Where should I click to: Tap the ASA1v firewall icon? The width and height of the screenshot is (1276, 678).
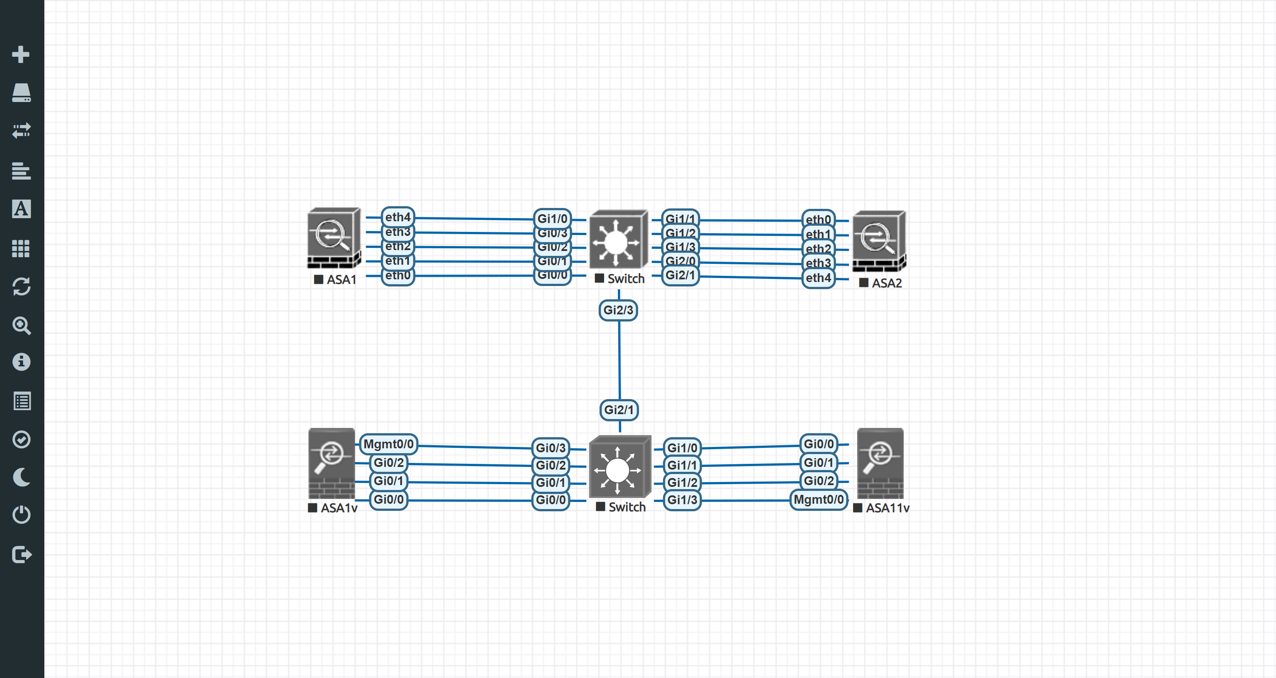tap(332, 463)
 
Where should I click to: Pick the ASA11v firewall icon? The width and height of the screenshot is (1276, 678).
tap(880, 463)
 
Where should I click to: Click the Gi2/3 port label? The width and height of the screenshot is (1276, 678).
tap(618, 310)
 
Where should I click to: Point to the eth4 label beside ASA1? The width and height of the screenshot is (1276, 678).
tap(397, 217)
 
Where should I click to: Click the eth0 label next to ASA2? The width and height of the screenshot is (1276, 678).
tap(818, 219)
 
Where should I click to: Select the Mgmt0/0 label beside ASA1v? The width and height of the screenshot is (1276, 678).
tap(388, 444)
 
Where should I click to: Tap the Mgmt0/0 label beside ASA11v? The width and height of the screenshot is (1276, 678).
tap(818, 500)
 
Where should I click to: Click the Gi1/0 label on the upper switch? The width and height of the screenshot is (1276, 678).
tap(552, 219)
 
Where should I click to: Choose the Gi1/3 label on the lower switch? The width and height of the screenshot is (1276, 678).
tap(682, 500)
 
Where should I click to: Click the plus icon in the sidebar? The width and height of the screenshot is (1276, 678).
tap(21, 54)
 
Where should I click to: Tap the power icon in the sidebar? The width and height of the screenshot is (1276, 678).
tap(21, 514)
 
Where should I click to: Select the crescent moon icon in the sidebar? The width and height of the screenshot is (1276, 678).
tap(21, 477)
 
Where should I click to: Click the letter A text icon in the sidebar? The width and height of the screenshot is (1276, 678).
tap(21, 209)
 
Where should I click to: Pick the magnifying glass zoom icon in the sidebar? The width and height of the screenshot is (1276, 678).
tap(21, 325)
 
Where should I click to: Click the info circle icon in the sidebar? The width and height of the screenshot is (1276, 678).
tap(21, 362)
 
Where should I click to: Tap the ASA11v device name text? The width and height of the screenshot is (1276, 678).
tap(887, 508)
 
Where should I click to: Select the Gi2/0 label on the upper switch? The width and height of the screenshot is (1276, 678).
tap(680, 261)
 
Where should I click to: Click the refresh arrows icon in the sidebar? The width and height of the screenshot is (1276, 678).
tap(21, 286)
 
